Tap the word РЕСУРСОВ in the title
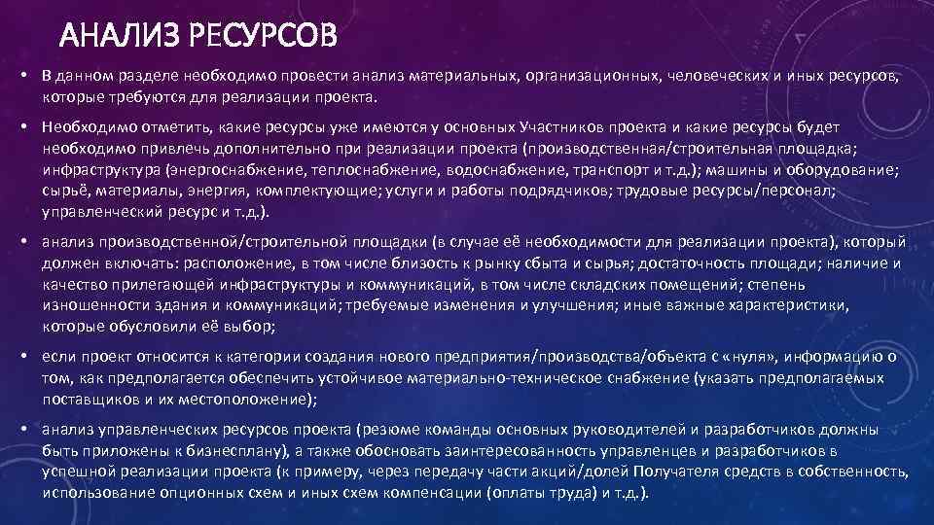pos(262,37)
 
